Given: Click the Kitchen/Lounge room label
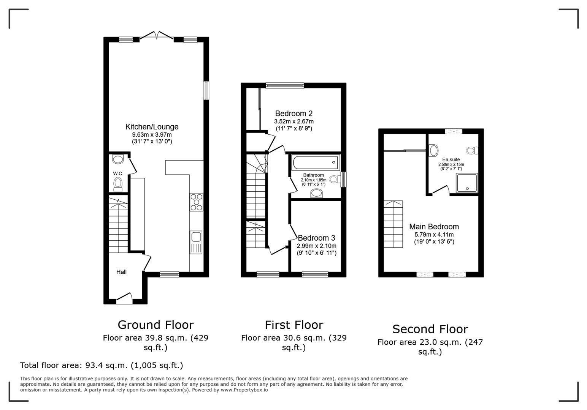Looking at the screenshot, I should click(x=152, y=127).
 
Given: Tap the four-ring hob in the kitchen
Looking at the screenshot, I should click(x=196, y=202).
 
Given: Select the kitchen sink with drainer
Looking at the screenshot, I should click(x=196, y=242).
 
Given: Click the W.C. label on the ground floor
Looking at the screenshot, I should click(x=118, y=173).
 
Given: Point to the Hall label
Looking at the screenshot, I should click(x=121, y=272).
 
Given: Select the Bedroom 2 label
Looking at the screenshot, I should click(x=293, y=114).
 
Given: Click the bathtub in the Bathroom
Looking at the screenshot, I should click(x=315, y=162).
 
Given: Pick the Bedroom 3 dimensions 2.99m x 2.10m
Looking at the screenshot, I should click(x=316, y=246).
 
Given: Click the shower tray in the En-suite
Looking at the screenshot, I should click(x=467, y=183).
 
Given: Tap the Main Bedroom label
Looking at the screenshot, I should click(x=434, y=227).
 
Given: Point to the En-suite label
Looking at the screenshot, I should click(x=451, y=159).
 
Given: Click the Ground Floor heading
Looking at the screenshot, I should click(x=155, y=325).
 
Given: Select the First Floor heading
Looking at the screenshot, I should click(x=294, y=325).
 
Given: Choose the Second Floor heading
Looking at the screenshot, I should click(x=430, y=329).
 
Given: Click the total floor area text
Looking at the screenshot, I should click(x=102, y=365).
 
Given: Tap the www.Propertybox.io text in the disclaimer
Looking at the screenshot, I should click(x=244, y=390).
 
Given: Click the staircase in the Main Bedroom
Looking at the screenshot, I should click(x=393, y=224).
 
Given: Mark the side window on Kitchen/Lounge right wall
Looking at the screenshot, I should click(x=206, y=91).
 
